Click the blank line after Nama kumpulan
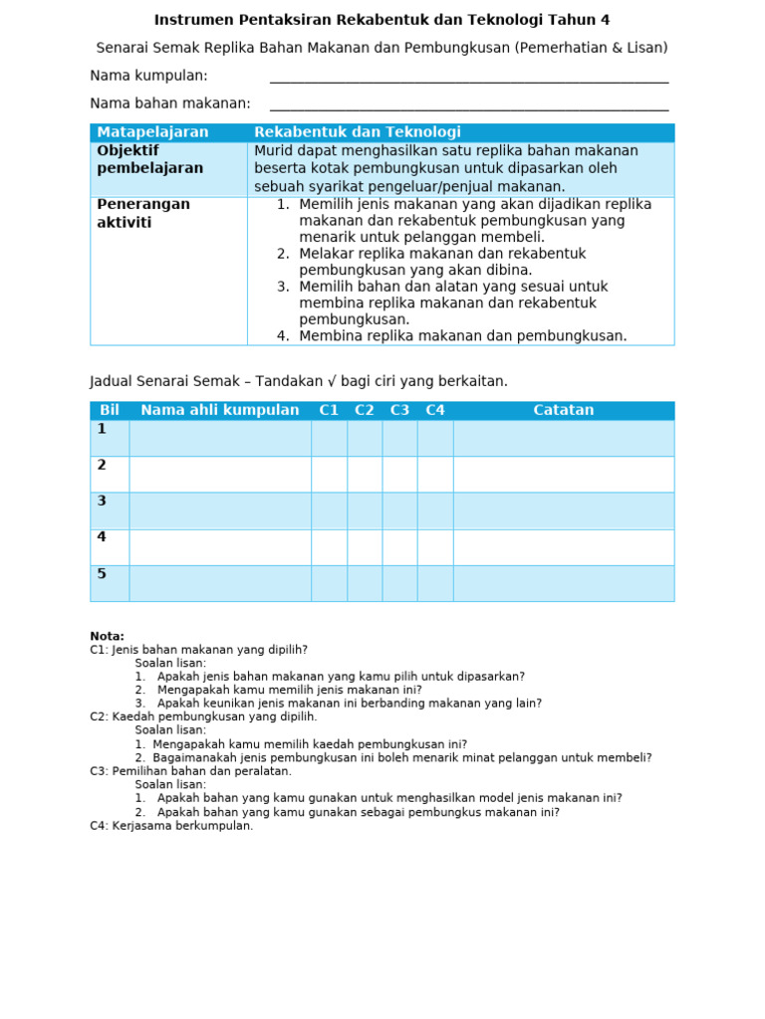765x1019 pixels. (468, 80)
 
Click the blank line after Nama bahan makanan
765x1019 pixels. (468, 107)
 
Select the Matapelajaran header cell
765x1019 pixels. (152, 132)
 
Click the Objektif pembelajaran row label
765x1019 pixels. (149, 159)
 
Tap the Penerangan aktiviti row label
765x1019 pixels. (142, 213)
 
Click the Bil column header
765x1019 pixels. (110, 410)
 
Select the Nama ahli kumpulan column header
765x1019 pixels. (219, 410)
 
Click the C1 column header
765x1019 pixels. (329, 410)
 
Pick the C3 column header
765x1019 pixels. (399, 410)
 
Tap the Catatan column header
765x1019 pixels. (563, 410)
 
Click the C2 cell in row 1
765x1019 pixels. (365, 438)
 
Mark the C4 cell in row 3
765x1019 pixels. (435, 510)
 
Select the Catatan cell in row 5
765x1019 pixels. (563, 583)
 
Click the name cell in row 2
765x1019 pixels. (219, 474)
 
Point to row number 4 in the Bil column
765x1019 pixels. (102, 537)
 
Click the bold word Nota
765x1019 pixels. (107, 637)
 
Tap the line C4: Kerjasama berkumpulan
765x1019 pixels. (171, 826)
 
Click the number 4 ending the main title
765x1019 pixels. (605, 20)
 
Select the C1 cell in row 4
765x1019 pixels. (329, 546)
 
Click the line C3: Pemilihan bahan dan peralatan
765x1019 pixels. (190, 771)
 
